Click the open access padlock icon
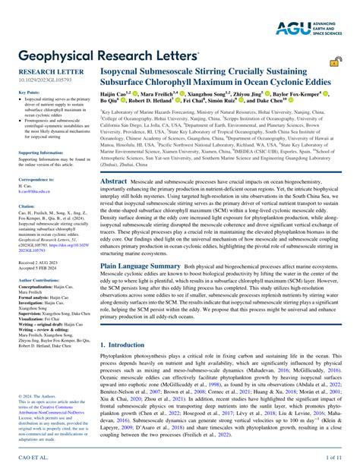pyautogui.click(x=334, y=62)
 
